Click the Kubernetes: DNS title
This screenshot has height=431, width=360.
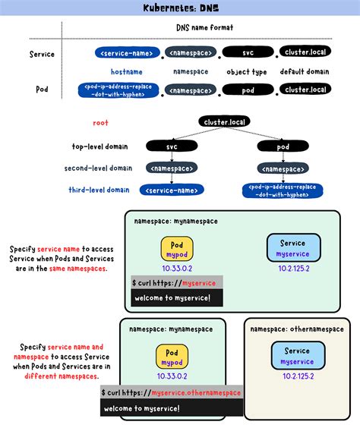point(179,8)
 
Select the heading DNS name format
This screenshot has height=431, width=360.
point(198,27)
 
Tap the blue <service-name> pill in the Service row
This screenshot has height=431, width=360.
point(128,52)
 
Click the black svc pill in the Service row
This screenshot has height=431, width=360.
point(247,52)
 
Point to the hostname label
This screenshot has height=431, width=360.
point(126,71)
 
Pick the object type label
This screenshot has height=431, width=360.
point(247,71)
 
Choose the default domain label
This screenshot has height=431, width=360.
point(305,71)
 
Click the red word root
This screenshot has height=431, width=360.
point(101,123)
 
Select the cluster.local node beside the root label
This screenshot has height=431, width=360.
point(225,121)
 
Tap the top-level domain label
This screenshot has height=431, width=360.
point(99,146)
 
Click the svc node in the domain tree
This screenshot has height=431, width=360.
point(172,146)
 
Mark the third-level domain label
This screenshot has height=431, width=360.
point(98,190)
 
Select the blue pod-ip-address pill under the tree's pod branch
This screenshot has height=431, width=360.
point(283,190)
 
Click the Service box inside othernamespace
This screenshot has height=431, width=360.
point(297,356)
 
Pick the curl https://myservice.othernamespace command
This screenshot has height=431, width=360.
point(171,392)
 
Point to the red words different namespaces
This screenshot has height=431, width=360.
point(60,376)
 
